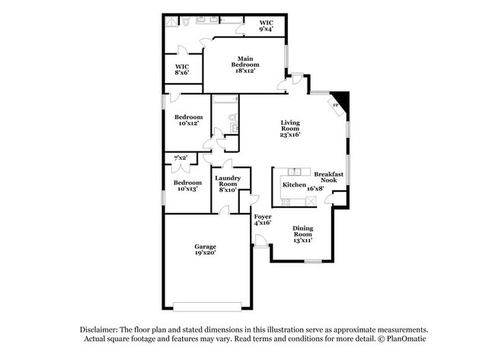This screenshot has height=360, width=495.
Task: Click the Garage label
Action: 205,250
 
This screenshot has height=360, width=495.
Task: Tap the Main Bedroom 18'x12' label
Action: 244,64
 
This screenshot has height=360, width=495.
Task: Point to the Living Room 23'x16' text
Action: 290,129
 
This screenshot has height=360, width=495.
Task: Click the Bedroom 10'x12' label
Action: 188,120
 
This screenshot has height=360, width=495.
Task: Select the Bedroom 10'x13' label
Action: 187,186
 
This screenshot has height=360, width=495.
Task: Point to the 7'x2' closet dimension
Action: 181,158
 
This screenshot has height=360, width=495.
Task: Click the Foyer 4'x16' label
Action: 262,220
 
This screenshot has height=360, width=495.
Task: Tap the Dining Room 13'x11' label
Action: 302,234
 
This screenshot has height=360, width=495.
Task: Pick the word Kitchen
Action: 294,185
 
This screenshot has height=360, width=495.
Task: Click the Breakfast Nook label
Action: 330,177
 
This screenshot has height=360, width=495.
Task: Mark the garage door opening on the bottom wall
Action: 206,307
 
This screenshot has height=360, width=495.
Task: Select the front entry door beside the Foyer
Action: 260,241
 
